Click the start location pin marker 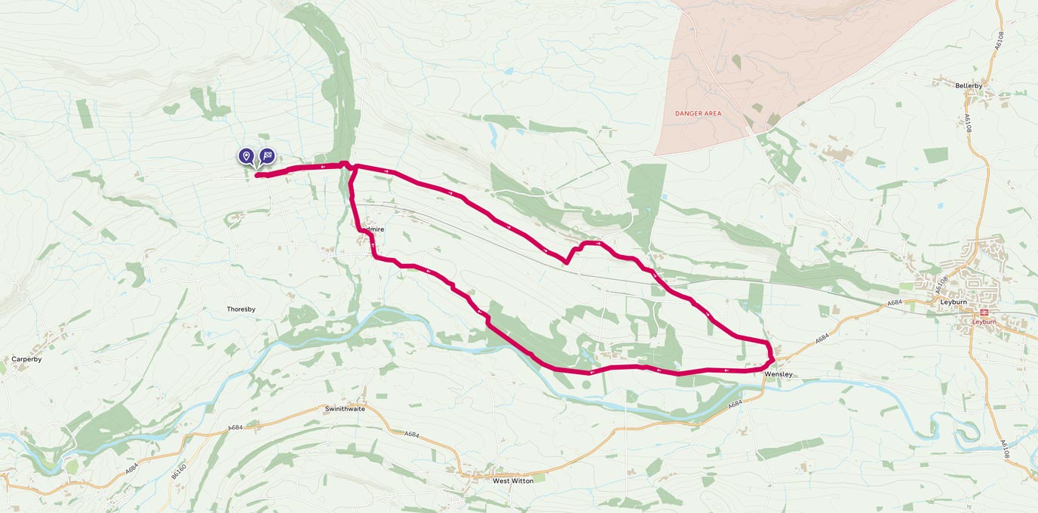click(246, 155)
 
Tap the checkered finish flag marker click(267, 155)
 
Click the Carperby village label click(26, 359)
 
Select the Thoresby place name click(241, 309)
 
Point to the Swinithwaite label click(345, 409)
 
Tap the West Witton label click(512, 481)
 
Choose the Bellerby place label click(969, 86)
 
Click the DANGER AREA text click(698, 114)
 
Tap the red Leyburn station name click(984, 322)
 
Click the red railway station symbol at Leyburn click(984, 312)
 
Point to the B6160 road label click(178, 471)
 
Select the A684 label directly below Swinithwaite click(411, 435)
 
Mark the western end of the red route click(257, 176)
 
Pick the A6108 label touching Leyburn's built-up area click(941, 284)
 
